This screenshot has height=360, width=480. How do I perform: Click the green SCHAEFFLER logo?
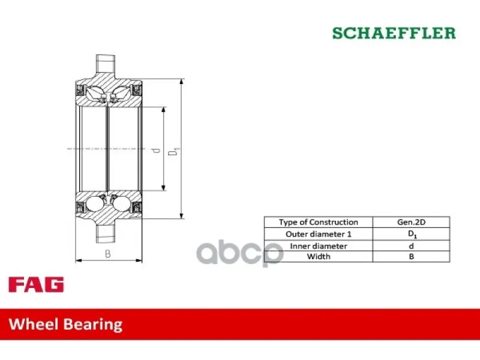point(394,33)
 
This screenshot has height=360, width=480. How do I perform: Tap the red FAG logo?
point(36,284)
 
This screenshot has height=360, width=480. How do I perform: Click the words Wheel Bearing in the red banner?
point(65,325)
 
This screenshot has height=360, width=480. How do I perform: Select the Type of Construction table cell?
point(319,222)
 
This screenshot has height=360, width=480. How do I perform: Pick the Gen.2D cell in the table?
point(411,222)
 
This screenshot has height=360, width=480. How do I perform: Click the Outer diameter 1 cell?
point(319,234)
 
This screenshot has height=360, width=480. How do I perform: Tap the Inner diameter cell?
point(319,246)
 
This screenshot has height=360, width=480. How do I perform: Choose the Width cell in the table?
point(319,257)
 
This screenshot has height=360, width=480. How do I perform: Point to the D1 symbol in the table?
point(412,235)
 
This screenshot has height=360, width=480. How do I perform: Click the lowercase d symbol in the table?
point(411,246)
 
